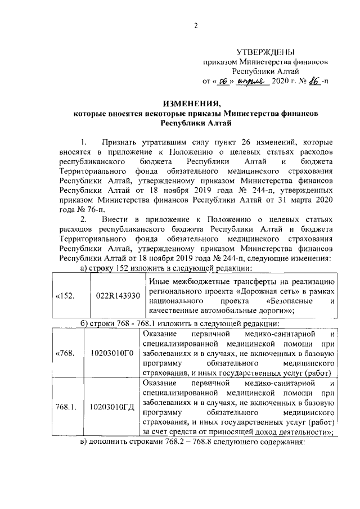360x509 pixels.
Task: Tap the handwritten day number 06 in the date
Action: pyautogui.click(x=222, y=80)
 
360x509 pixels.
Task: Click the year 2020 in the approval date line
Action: pyautogui.click(x=280, y=81)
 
